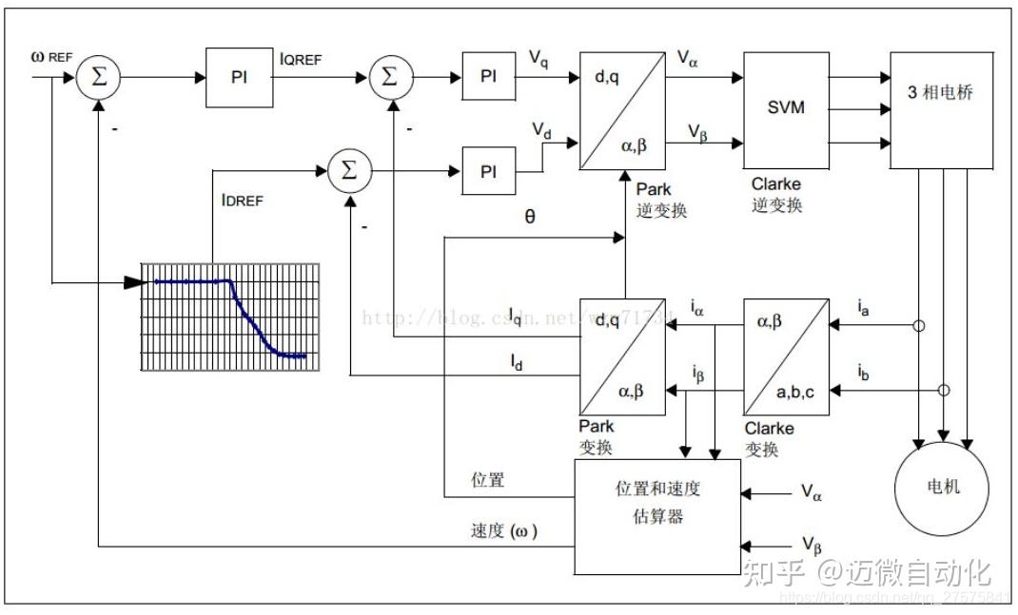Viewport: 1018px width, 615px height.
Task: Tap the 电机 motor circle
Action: tap(943, 486)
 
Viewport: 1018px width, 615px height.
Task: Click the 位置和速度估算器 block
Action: tap(657, 516)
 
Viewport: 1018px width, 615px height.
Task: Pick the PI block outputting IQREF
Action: tap(239, 77)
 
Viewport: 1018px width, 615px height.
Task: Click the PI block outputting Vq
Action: tap(488, 77)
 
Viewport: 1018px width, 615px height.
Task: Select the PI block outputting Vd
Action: tap(488, 171)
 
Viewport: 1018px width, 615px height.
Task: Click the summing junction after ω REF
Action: tap(99, 77)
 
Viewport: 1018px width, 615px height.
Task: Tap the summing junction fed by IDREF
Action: tap(348, 171)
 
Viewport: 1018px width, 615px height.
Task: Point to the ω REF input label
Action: tap(51, 57)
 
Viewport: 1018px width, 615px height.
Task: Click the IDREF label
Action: tap(241, 201)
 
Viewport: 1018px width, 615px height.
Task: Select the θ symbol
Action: tap(530, 216)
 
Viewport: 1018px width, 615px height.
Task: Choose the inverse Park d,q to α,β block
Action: tap(621, 110)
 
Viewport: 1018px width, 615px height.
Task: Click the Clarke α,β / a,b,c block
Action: tap(786, 354)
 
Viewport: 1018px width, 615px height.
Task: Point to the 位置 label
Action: tap(488, 481)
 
